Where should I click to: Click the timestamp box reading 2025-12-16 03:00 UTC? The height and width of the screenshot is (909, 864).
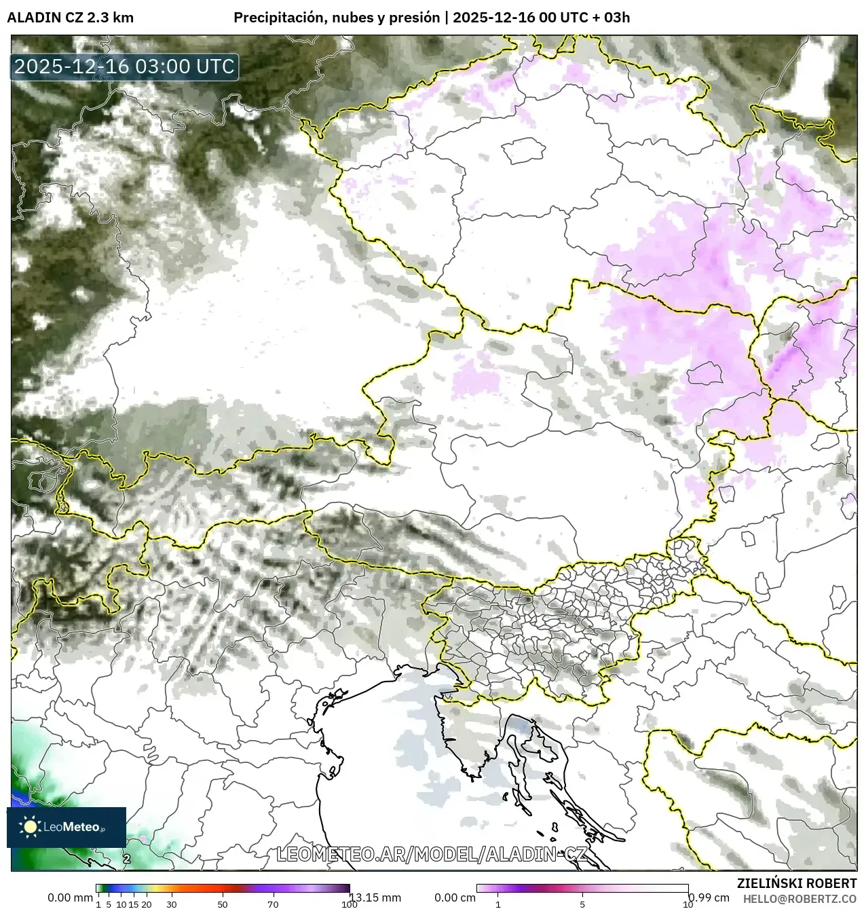click(124, 67)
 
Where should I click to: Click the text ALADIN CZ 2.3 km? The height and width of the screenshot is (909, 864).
click(71, 18)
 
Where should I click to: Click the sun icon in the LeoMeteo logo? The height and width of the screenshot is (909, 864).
click(30, 826)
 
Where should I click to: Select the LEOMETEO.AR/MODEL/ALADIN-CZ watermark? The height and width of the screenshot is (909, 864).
click(432, 854)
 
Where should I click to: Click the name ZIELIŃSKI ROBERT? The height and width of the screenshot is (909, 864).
click(796, 883)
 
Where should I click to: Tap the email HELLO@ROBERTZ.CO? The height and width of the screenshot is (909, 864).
click(800, 898)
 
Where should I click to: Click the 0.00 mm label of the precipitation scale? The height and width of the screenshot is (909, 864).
click(70, 897)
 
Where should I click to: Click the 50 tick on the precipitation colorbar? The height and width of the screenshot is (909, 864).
click(223, 904)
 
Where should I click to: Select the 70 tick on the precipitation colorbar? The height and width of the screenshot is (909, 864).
click(273, 904)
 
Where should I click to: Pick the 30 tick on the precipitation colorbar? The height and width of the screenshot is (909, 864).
click(172, 904)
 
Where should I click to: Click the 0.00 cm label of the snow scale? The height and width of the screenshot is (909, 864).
click(455, 897)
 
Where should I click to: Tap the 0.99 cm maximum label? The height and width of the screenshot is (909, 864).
click(709, 897)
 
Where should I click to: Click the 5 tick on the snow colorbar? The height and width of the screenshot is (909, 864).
click(582, 904)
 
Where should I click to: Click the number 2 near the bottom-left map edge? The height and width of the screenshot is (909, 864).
click(127, 859)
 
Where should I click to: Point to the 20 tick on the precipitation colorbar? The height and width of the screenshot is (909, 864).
click(146, 904)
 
